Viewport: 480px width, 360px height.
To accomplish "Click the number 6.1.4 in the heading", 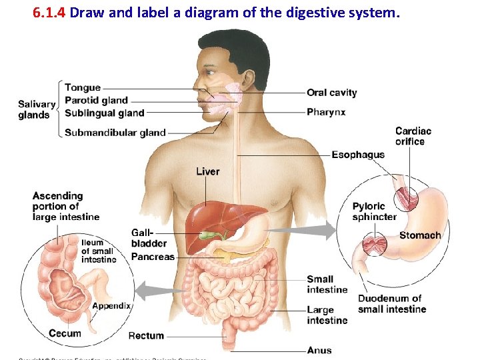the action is [49, 12].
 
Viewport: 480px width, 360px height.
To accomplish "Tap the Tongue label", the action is [83, 87].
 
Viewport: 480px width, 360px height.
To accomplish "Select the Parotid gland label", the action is [96, 100].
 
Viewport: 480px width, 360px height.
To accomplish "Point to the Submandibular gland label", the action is [115, 133].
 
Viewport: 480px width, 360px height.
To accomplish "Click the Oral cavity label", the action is [332, 93].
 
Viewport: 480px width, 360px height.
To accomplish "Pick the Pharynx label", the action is [326, 112].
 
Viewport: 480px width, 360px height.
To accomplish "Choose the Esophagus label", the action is [358, 155].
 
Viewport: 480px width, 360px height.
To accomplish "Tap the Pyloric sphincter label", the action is [374, 211].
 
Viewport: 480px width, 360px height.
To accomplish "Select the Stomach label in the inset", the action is [420, 235].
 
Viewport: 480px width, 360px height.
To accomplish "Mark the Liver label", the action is [207, 171].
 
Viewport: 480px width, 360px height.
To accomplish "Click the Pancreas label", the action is [153, 257].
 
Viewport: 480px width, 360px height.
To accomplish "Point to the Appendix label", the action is [111, 305].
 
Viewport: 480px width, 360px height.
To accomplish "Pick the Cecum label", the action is [65, 333].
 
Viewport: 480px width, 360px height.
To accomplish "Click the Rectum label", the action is [146, 335].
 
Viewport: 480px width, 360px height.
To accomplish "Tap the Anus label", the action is [319, 350].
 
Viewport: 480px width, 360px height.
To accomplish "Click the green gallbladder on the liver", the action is [213, 235].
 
